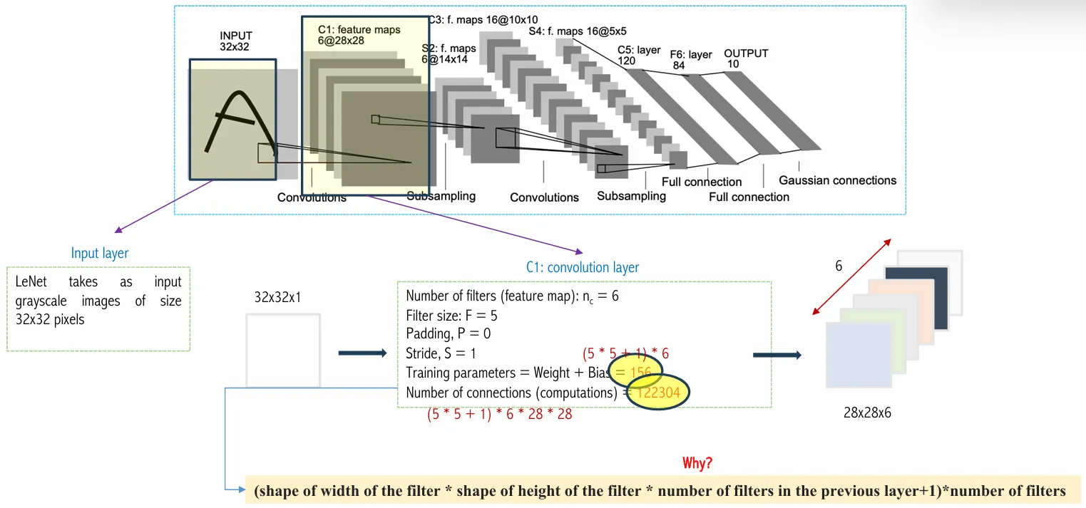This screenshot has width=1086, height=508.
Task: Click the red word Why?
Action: (x=697, y=463)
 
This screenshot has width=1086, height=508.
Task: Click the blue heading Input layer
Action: (x=100, y=253)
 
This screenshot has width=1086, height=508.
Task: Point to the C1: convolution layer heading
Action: (x=583, y=267)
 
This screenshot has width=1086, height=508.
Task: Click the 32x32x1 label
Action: (x=277, y=297)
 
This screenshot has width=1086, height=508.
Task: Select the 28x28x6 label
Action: (x=867, y=412)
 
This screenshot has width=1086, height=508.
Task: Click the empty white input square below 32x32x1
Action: (x=283, y=351)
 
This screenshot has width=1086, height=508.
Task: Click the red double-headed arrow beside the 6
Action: (x=852, y=276)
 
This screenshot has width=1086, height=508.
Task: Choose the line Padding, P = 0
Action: (x=449, y=333)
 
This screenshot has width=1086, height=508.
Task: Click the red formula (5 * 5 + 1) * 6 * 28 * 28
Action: (x=499, y=413)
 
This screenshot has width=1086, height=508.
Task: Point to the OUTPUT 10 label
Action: (x=746, y=58)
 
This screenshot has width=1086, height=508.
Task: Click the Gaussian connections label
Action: (x=837, y=180)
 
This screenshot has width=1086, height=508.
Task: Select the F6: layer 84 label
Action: (x=690, y=60)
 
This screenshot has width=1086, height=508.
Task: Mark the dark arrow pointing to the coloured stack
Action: (x=777, y=355)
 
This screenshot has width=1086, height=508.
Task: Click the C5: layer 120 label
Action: (x=639, y=56)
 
